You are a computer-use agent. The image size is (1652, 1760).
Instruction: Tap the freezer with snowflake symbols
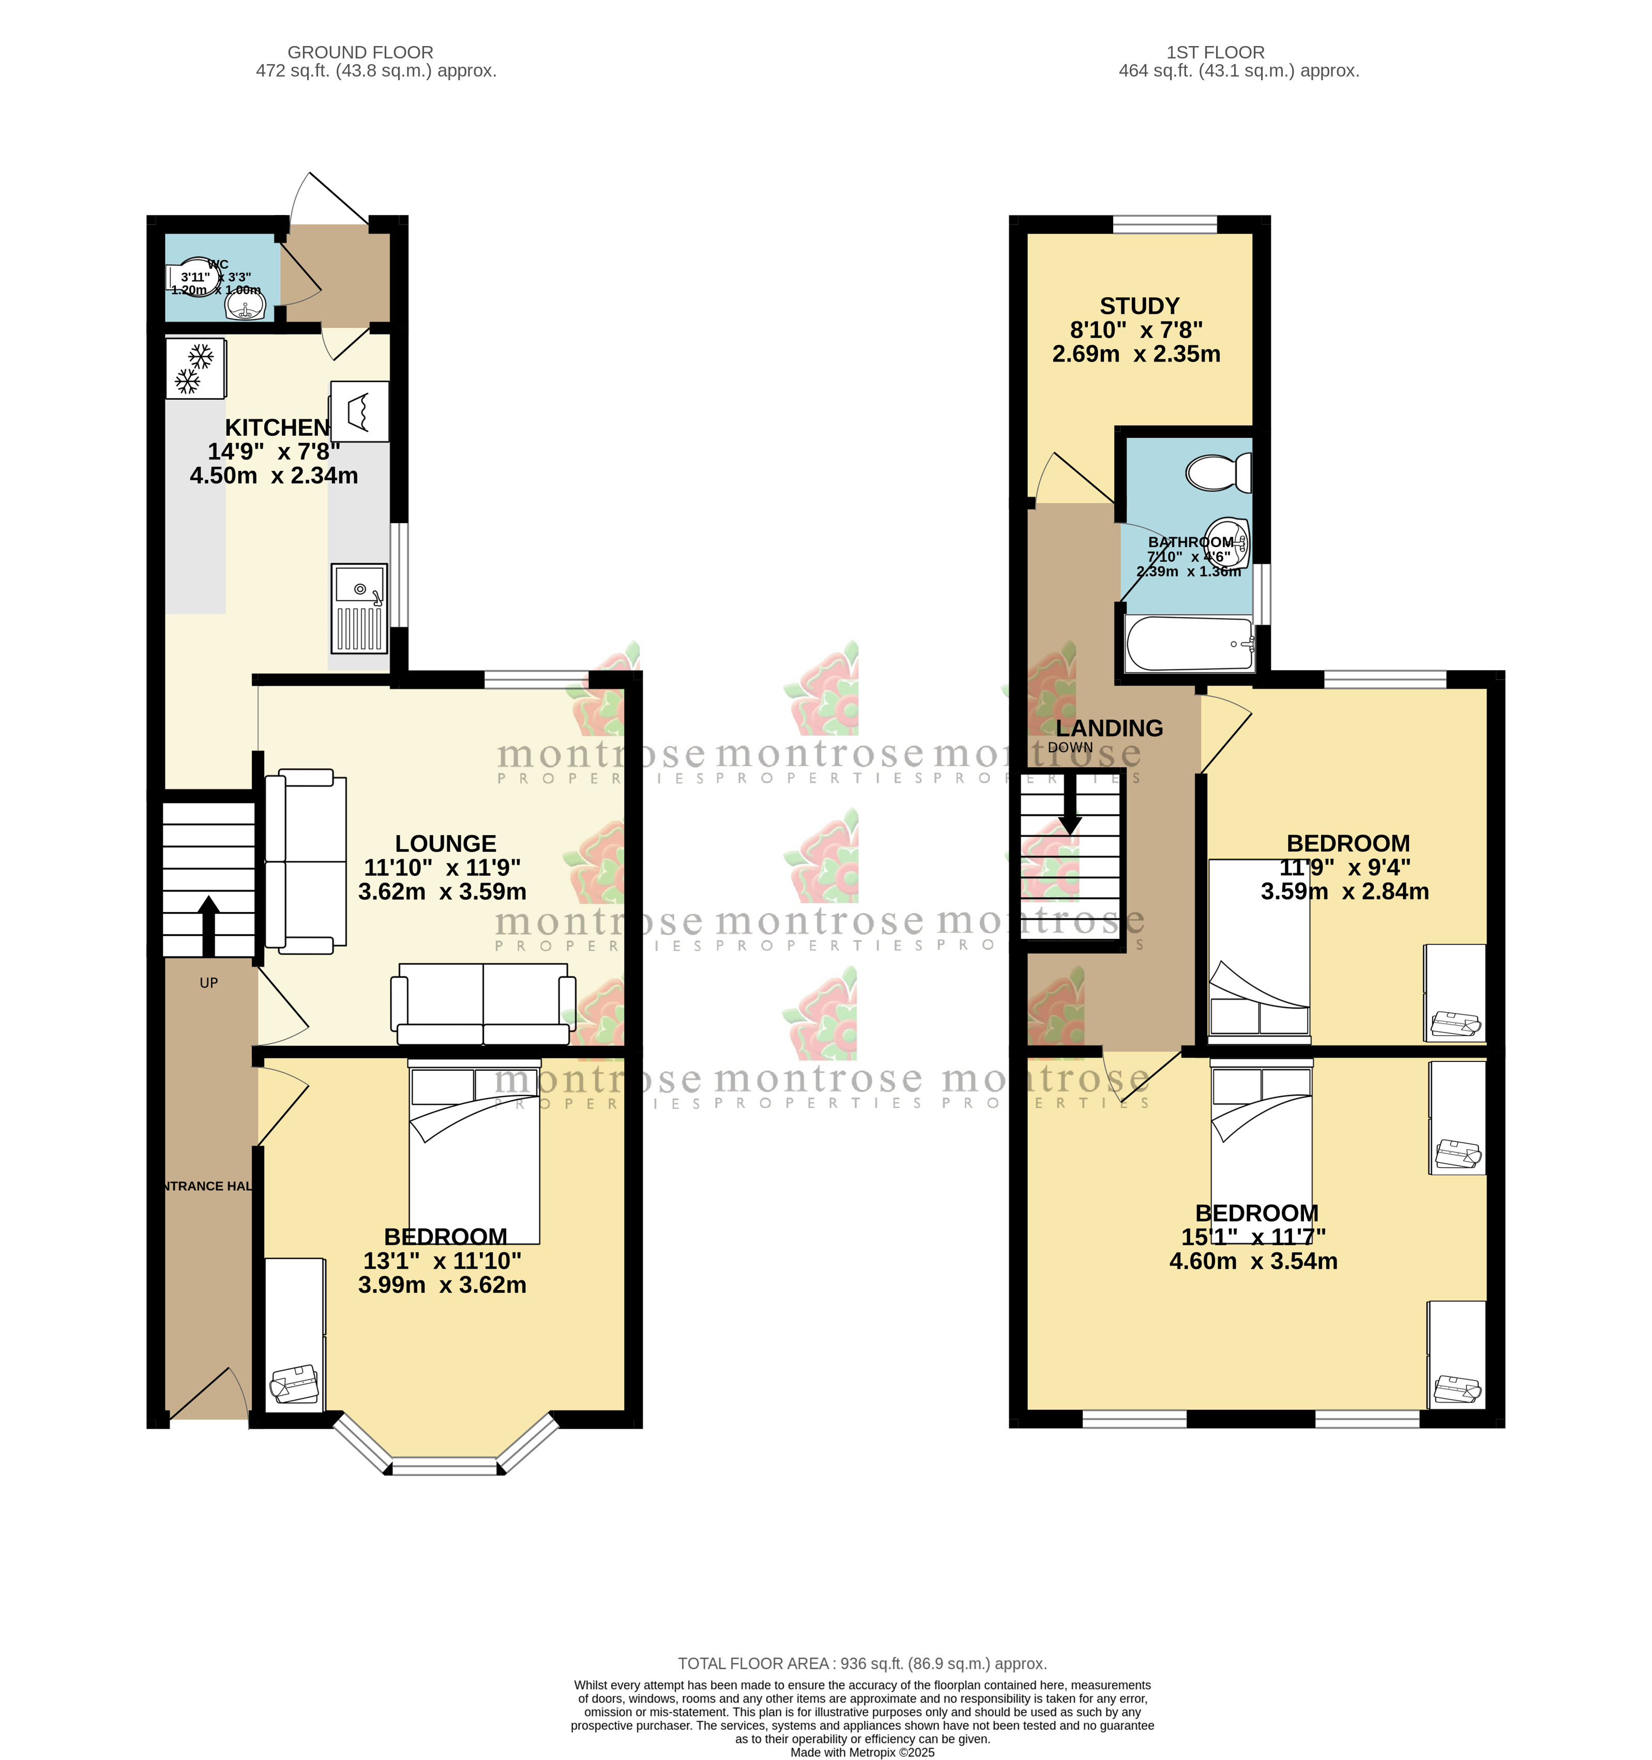point(195,368)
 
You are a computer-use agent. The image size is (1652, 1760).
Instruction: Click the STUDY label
point(1140,306)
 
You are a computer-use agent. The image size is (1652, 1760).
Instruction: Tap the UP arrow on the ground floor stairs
point(209,925)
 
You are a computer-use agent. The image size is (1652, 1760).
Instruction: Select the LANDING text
point(1109,729)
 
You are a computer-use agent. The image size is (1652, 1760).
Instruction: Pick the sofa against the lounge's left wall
point(306,861)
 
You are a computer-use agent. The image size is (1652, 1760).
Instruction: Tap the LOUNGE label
point(445,844)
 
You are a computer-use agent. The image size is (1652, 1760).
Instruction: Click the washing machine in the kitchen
point(359,411)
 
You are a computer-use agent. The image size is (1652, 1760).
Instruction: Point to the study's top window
point(1164,224)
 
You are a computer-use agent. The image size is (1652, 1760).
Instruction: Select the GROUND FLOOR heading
point(360,52)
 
